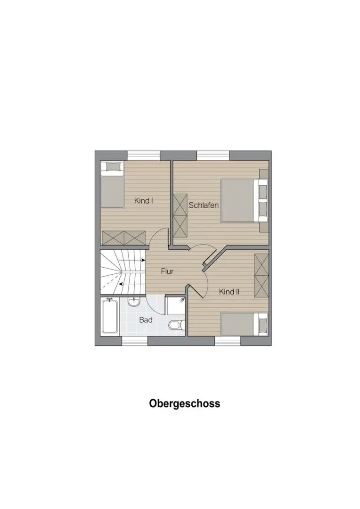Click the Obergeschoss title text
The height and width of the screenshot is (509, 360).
184,403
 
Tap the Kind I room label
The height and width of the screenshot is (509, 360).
143,201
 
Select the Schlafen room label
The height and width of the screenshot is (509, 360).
204,205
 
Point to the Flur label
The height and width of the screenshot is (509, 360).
167,271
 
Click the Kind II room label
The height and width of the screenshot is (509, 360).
229,292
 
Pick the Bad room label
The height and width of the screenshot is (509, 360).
146,320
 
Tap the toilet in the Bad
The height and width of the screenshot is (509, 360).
177,325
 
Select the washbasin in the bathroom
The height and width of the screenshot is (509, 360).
133,302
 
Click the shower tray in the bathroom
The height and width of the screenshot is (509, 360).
176,305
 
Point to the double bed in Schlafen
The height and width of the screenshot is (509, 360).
244,200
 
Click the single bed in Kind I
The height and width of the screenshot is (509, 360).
112,184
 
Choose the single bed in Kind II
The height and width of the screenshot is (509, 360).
244,324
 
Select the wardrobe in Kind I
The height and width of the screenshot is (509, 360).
123,238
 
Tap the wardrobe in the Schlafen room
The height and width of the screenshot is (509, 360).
180,215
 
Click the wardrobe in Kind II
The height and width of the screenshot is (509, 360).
262,275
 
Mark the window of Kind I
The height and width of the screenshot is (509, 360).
143,156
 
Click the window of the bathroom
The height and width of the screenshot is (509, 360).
135,341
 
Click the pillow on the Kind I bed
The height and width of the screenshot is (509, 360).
112,166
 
